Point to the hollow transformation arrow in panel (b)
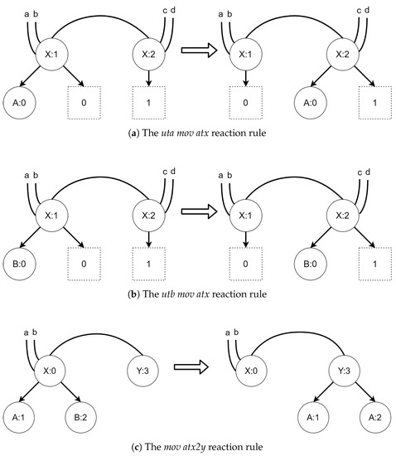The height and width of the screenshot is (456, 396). [x=199, y=210]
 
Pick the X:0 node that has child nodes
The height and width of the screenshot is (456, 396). [x=52, y=366]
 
